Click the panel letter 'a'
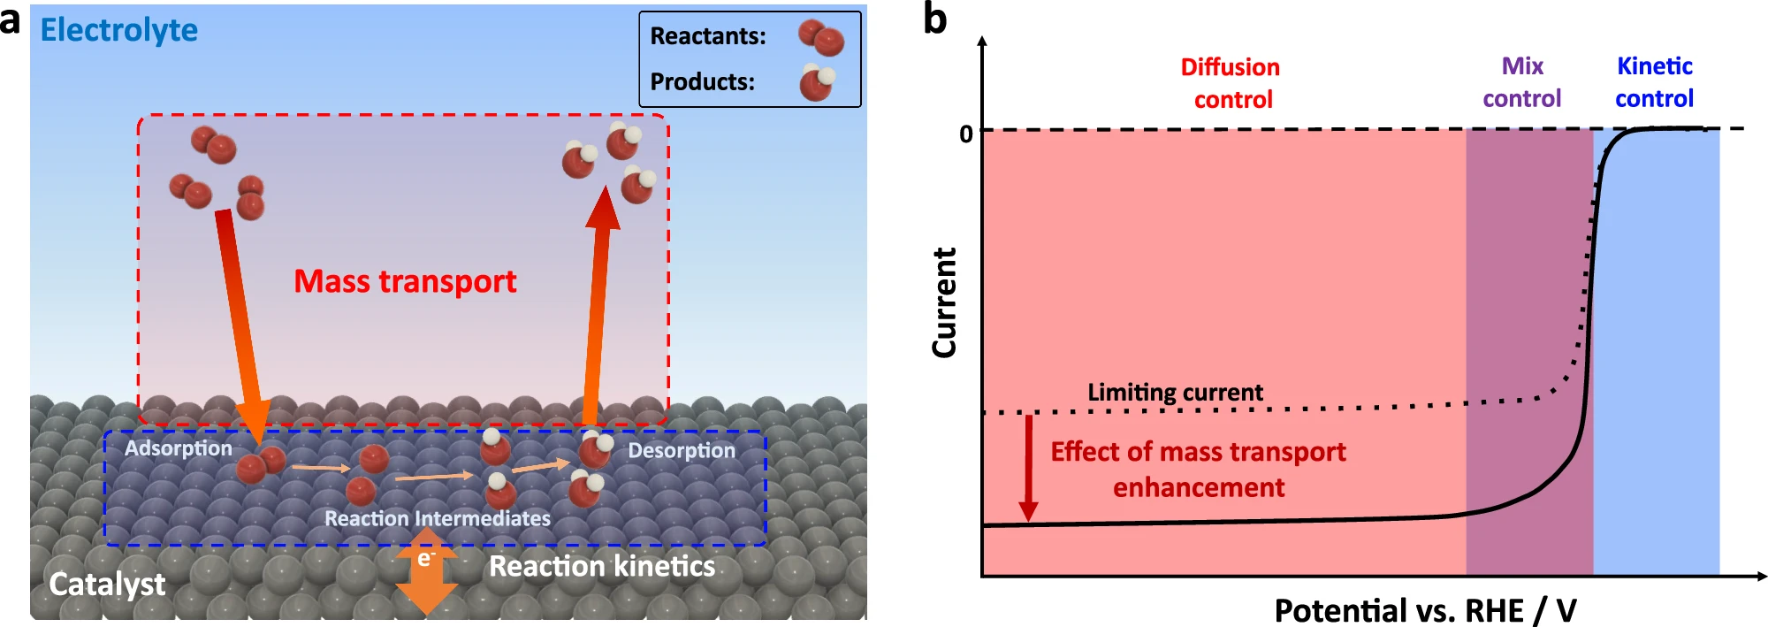pos(11,20)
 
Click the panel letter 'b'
pos(934,19)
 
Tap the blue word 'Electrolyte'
pos(119,30)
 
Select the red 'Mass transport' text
pos(405,281)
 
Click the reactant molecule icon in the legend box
pos(821,37)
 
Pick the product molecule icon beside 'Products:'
pos(817,81)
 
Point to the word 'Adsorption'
pos(178,448)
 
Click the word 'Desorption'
pos(681,450)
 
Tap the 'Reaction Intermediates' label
pos(437,518)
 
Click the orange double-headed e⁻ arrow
pos(426,571)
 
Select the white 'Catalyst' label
pos(107,584)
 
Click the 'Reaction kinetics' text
pos(602,566)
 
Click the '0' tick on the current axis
pos(965,134)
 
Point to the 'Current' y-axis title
pos(944,302)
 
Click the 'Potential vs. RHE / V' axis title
pos(1425,610)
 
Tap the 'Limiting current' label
pos(1175,392)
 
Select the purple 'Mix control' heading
pos(1521,82)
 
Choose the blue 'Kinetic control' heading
pos(1654,82)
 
